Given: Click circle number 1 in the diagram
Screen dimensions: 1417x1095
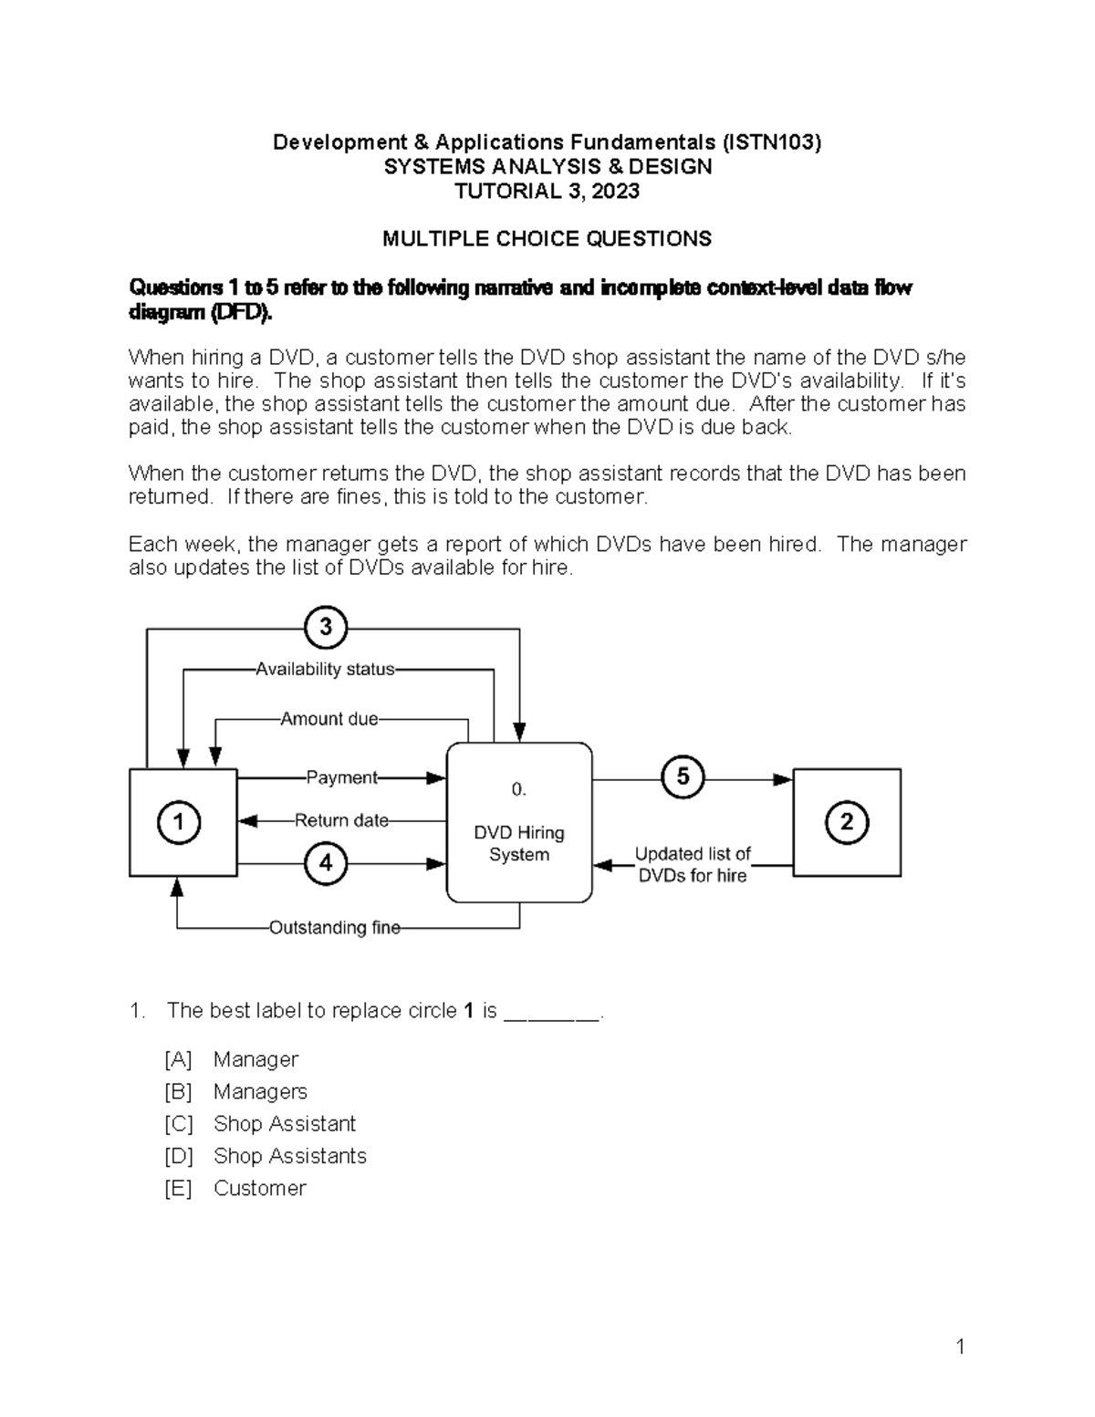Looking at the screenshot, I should pos(179,822).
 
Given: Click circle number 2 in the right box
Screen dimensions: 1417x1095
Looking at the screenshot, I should pos(846,822).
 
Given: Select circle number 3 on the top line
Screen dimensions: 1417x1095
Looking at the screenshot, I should pos(326,628).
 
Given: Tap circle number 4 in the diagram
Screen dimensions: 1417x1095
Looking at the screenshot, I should pos(326,863).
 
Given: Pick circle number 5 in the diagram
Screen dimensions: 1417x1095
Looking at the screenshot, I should pos(683,778).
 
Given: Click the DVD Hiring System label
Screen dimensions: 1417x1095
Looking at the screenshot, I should pos(518,843).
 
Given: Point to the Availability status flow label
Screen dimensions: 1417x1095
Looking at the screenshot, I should pos(325,669).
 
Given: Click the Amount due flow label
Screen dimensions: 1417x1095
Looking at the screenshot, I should pos(328,719).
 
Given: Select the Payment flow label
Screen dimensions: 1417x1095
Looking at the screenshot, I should pos(341,777).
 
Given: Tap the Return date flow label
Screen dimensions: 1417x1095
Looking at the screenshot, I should pos(341,820).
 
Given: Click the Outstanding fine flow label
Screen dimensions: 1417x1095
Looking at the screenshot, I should pos(334,928).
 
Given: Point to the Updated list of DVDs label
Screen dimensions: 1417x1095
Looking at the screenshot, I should pos(693,864).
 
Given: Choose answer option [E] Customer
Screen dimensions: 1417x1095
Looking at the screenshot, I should pos(259,1188).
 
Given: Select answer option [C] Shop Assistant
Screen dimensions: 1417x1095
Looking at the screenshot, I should pos(284,1124).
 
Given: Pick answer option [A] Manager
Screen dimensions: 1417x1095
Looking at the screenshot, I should pos(255,1059).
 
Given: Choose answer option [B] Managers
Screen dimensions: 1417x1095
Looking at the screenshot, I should pos(260,1092).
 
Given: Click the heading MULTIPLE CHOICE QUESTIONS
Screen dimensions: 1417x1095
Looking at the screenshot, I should pos(547,239).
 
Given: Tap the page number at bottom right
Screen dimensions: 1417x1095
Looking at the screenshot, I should pos(960,1347).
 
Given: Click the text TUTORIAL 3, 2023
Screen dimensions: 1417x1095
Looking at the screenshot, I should pos(547,191).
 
